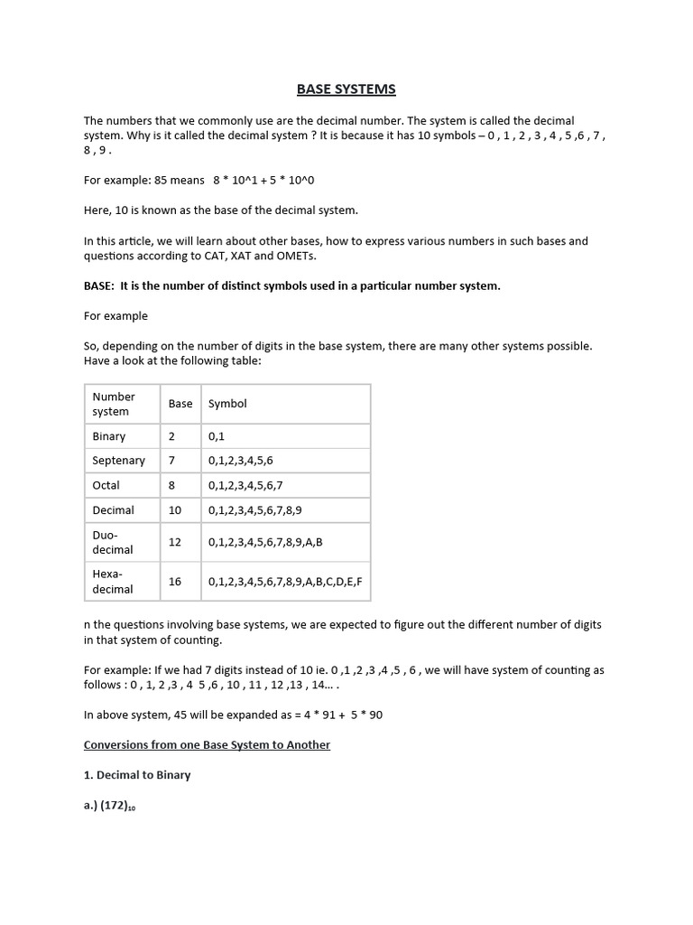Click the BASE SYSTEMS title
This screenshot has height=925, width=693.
346,89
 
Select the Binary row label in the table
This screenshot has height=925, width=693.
109,436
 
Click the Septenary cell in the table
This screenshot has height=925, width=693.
118,461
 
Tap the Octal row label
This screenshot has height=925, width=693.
106,485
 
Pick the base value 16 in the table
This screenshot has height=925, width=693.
175,582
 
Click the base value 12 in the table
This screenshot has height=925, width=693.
175,542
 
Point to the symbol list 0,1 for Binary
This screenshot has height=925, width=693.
217,436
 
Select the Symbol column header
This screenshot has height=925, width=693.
227,404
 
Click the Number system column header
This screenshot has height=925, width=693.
114,404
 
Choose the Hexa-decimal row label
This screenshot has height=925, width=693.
113,582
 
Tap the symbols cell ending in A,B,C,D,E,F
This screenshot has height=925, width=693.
285,582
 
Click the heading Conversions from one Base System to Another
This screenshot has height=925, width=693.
207,745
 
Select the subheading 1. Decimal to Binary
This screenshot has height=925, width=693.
137,775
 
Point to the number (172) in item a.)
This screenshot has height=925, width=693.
117,806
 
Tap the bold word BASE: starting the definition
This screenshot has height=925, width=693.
99,286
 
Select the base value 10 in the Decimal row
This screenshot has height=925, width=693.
175,510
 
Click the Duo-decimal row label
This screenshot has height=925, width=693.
113,542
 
